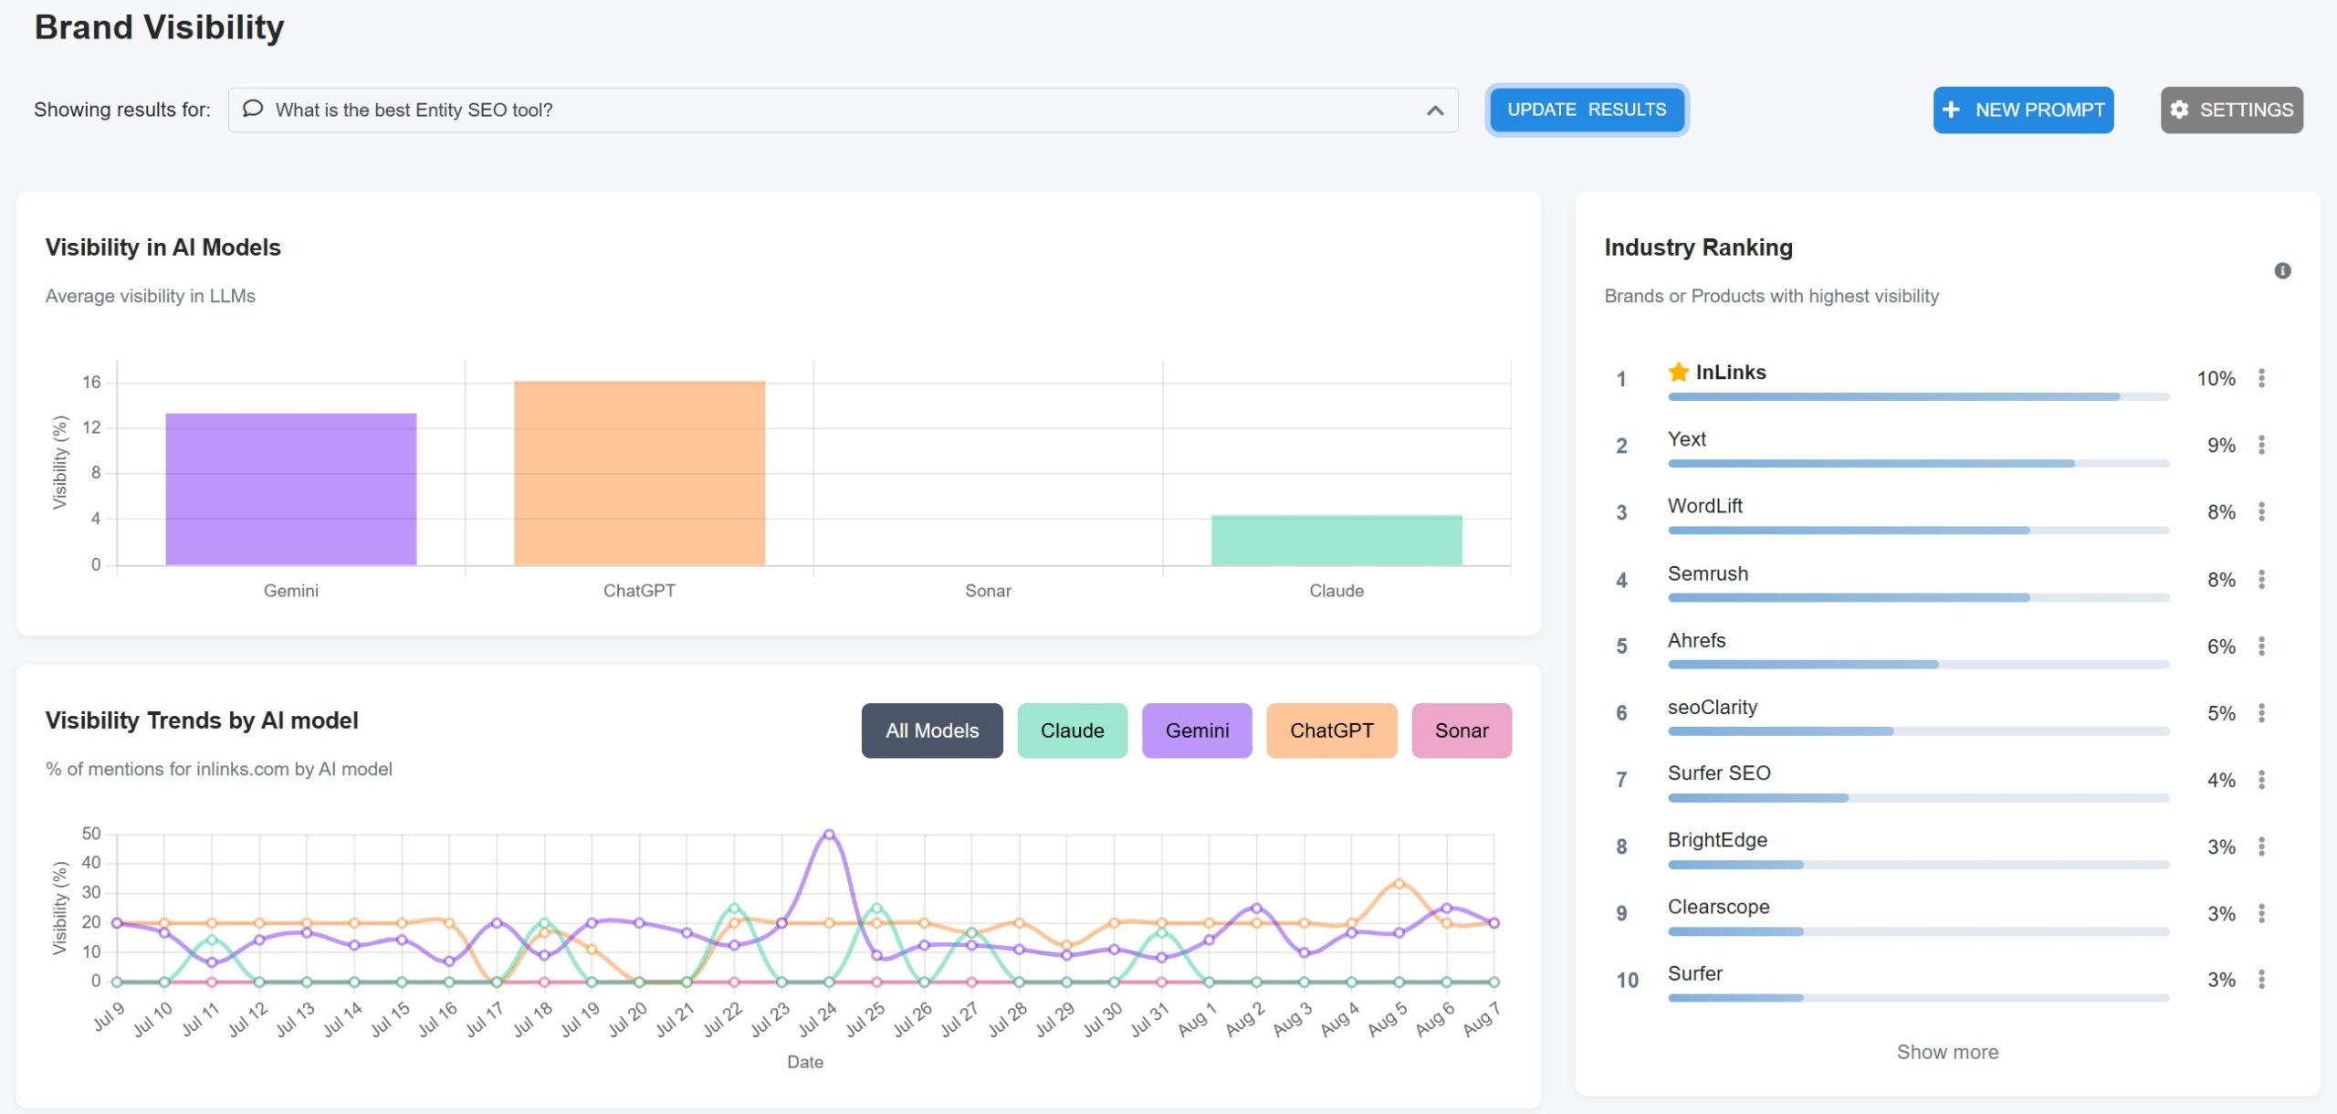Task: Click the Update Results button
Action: (1586, 110)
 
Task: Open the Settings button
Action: (2231, 110)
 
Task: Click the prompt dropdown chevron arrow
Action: (1435, 110)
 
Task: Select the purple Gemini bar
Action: (290, 489)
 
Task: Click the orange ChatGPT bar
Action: (639, 473)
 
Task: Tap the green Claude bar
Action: (1336, 540)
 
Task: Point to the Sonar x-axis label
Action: (988, 591)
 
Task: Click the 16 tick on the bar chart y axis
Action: (91, 382)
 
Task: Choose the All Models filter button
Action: (931, 730)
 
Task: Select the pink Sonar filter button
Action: (1461, 730)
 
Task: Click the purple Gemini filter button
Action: (1196, 730)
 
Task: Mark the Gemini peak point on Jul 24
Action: (829, 834)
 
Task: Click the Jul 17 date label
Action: (485, 1020)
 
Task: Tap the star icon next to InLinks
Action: (1678, 372)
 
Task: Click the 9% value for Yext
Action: (2221, 446)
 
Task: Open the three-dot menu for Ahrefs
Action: (2261, 646)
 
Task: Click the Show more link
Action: (1947, 1052)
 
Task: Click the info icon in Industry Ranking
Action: (2282, 270)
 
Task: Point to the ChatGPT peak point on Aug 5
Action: (1399, 883)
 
